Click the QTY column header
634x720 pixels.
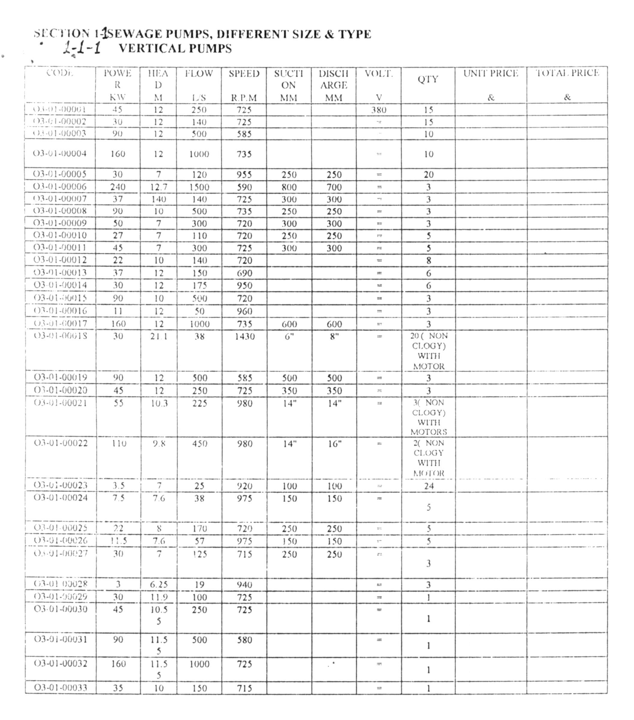click(428, 79)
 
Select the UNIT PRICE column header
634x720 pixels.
click(491, 73)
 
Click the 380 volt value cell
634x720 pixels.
click(379, 110)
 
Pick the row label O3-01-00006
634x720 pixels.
click(60, 186)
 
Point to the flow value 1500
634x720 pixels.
click(199, 187)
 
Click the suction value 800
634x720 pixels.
click(288, 187)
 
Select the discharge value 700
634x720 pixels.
click(334, 187)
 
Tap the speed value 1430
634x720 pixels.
click(244, 336)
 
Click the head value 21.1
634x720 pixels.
click(158, 336)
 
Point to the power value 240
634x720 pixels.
click(118, 187)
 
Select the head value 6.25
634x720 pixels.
click(158, 584)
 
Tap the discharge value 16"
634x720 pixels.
click(334, 443)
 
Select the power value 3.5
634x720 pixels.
click(118, 486)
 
